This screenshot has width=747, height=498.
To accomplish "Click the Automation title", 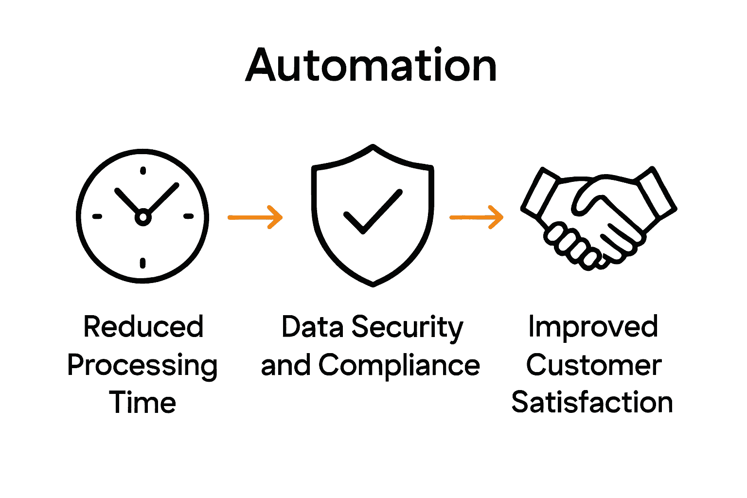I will click(x=371, y=66).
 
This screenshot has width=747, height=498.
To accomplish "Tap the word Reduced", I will click(x=143, y=326).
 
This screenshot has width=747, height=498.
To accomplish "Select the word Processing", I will click(x=142, y=366).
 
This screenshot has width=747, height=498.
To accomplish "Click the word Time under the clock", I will click(x=142, y=403).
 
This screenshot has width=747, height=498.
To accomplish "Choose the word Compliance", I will click(x=399, y=365).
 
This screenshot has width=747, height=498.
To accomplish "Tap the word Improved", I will click(x=593, y=326).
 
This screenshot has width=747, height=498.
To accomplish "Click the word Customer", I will click(x=593, y=365).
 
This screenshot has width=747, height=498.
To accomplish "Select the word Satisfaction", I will click(x=592, y=403).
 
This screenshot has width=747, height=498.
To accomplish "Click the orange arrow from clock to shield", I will click(x=255, y=217).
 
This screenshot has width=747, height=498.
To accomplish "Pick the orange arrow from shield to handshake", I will click(x=477, y=217).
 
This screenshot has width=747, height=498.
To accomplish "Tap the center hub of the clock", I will click(x=142, y=217).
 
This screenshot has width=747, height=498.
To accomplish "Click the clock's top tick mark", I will click(x=142, y=171).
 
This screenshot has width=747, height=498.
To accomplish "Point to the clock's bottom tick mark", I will click(x=142, y=263).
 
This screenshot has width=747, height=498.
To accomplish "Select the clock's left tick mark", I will click(x=97, y=216).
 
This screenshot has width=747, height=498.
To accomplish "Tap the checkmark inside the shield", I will click(x=373, y=212).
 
